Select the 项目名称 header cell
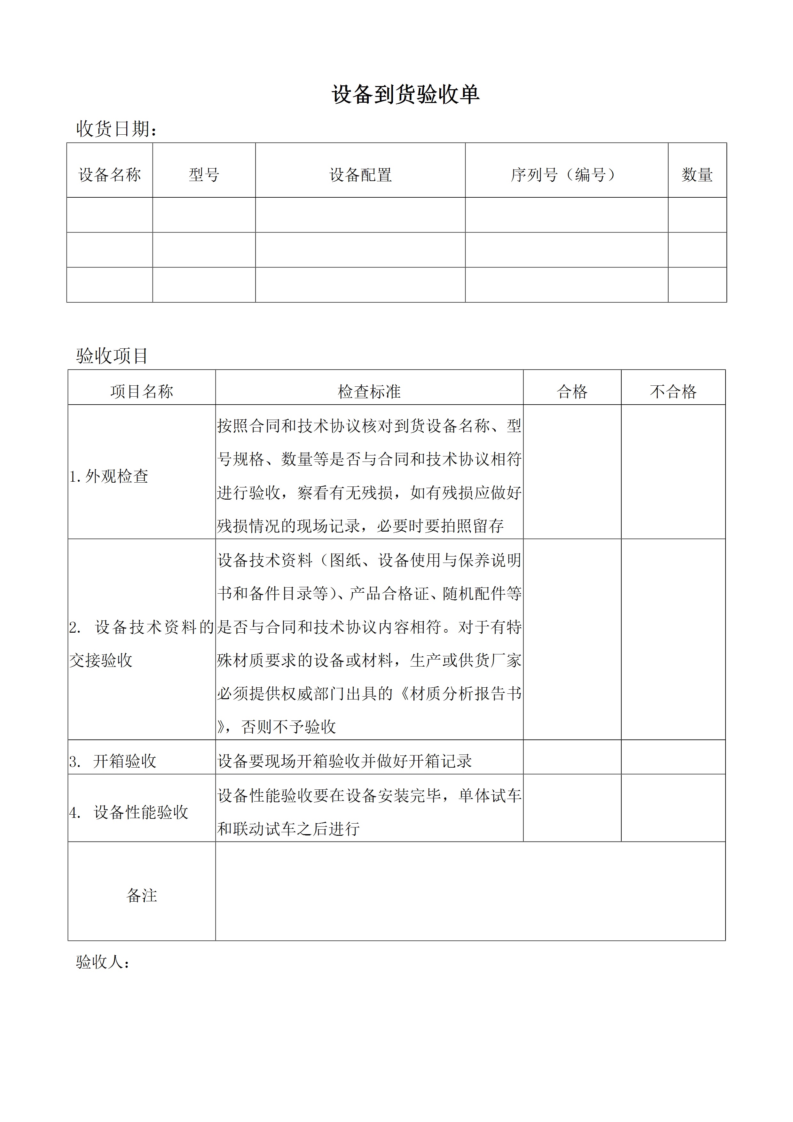(142, 391)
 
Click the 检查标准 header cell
(369, 391)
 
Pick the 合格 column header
(572, 391)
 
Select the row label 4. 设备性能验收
(129, 812)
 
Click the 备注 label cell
(142, 895)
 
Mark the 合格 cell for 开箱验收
(572, 760)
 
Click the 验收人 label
(103, 962)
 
